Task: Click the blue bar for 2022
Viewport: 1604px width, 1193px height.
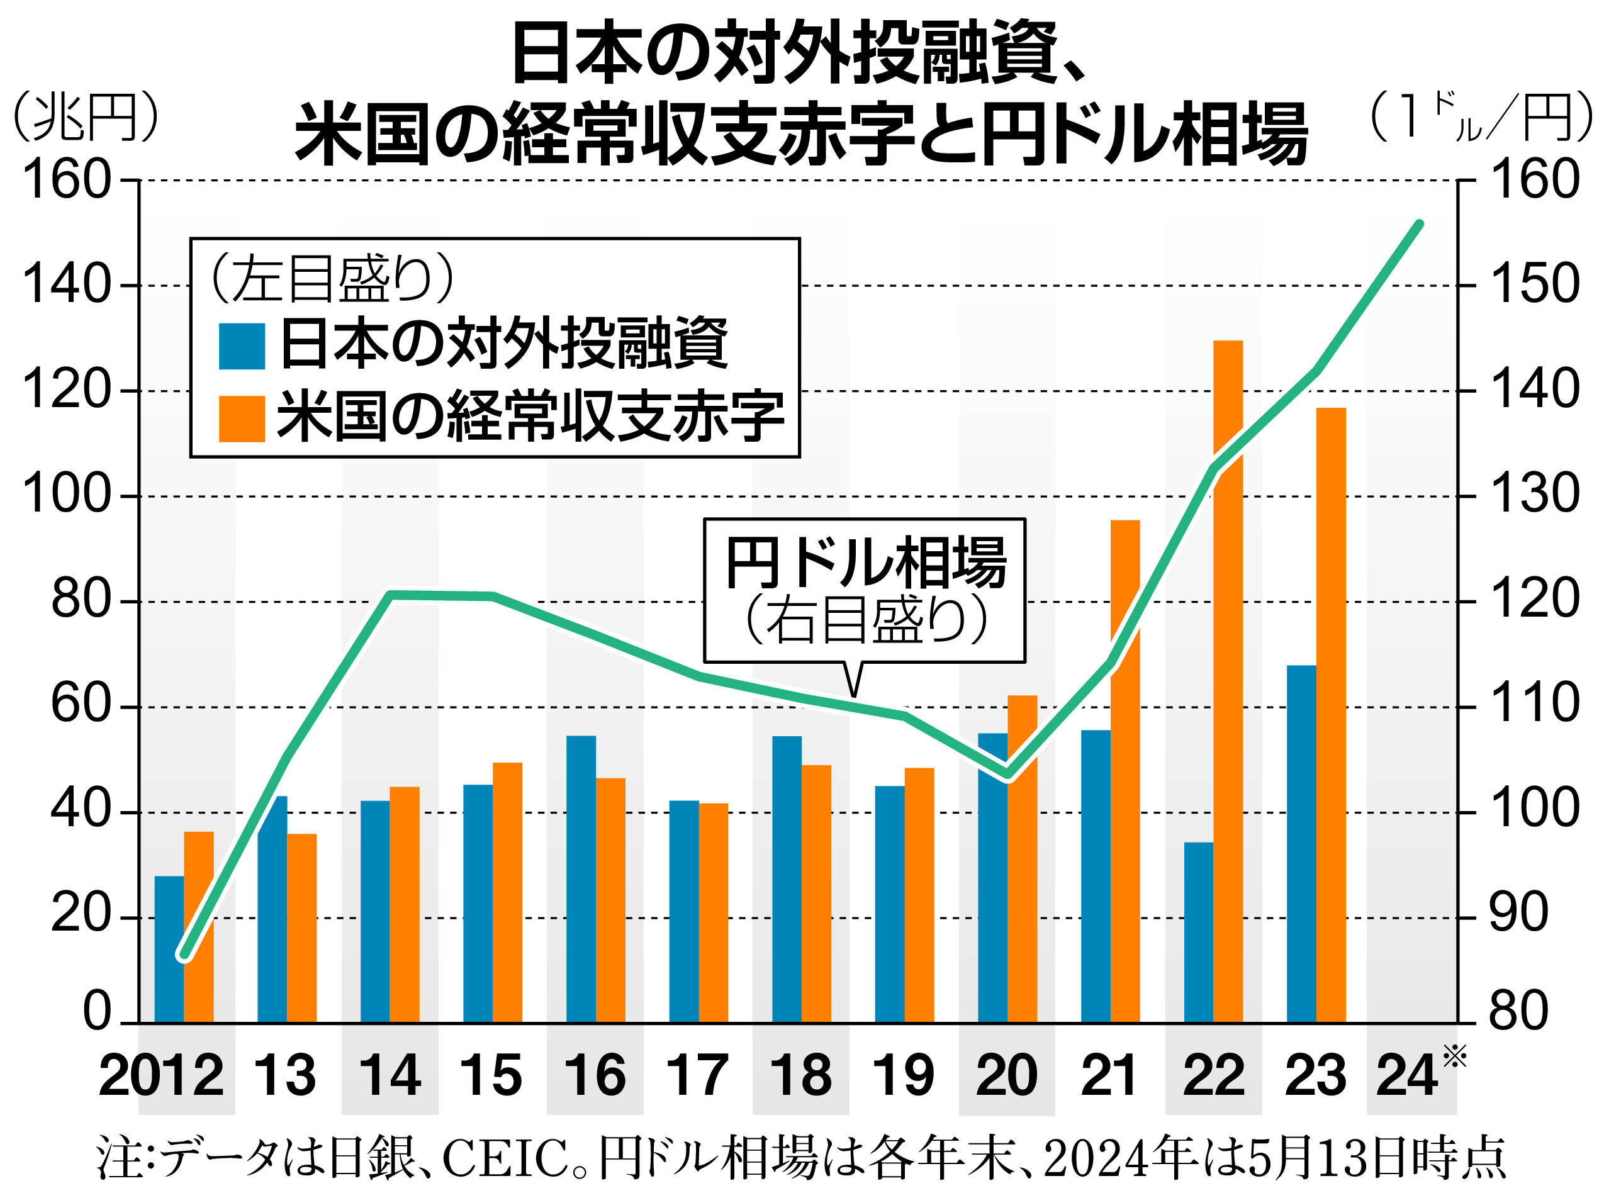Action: point(1198,933)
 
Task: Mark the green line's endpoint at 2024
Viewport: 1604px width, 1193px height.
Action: point(1419,225)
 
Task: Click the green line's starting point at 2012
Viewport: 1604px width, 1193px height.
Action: point(185,956)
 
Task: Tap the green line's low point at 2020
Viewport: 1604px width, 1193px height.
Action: point(1008,777)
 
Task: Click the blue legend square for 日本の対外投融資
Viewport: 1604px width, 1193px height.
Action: point(242,347)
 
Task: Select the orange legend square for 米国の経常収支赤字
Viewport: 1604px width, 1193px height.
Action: point(242,418)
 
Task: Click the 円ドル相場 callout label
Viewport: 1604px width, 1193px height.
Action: point(865,563)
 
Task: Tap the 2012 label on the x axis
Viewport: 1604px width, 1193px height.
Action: point(160,1077)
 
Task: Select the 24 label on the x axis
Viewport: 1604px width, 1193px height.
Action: point(1406,1077)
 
